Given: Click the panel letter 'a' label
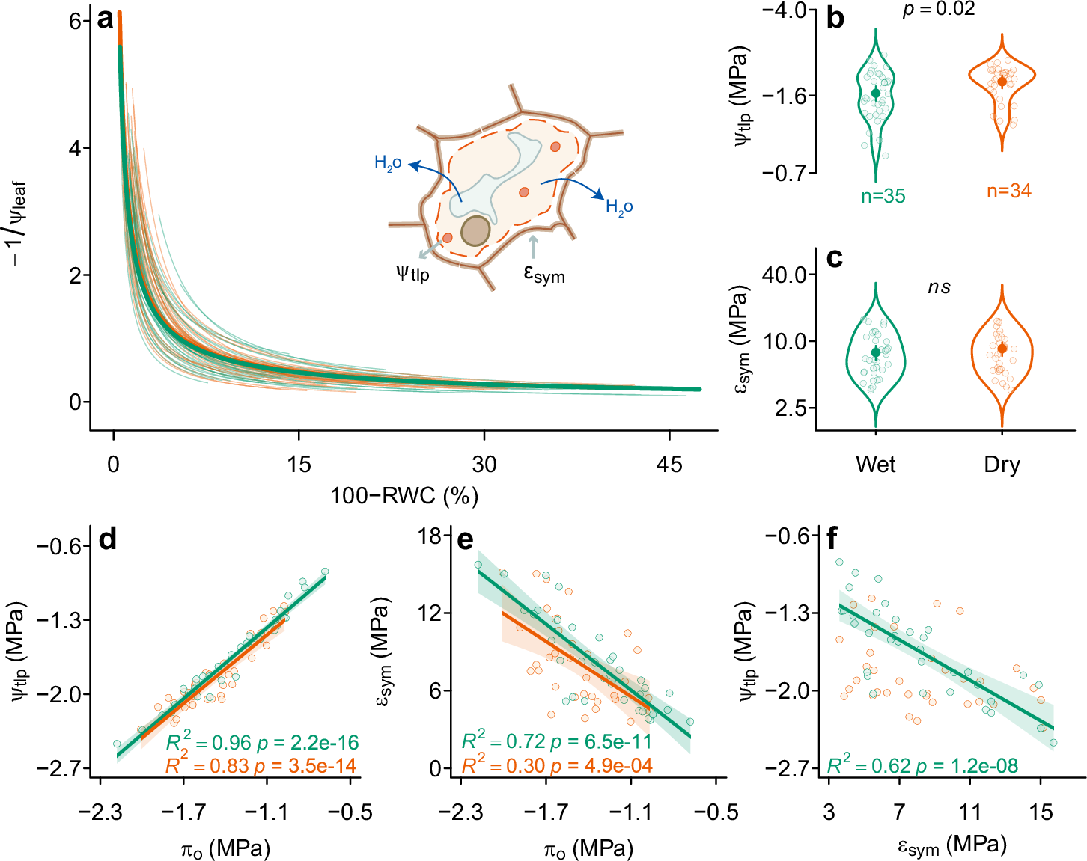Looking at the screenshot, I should coord(106,19).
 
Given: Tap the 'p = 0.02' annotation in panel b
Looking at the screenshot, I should coord(938,9).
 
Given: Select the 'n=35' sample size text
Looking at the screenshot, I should coord(883,196).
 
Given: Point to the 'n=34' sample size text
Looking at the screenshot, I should coord(1008,191).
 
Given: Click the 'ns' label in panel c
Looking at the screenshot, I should coord(939,287).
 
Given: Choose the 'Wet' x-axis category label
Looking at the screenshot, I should coord(875,465).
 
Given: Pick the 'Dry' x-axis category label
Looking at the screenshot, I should coord(1002,465).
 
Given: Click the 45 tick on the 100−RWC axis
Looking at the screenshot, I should coord(669,465).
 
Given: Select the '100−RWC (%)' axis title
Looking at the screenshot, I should coord(404,495).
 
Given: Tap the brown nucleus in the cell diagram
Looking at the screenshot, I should coord(475,231).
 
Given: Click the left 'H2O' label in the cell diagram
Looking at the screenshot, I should coord(388,163).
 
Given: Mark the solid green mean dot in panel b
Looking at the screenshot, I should coord(876,94).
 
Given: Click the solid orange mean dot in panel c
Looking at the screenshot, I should coord(1002,349).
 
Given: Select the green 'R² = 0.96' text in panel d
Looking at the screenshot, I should coord(208,742).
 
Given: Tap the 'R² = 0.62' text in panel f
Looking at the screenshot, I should coord(868,765).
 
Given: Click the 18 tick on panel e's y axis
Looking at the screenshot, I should coord(430,536).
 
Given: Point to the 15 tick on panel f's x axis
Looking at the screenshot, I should coord(1041,812).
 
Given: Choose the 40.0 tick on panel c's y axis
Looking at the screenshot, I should coord(789,275).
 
